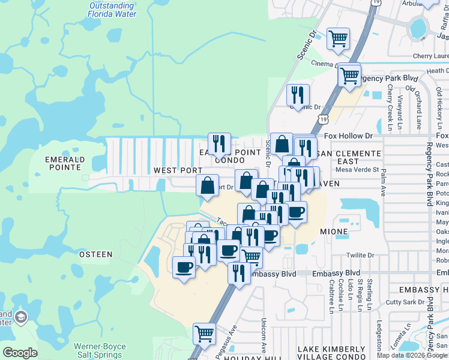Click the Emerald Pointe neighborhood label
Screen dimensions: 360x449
coord(65,164)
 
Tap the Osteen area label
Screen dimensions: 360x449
coord(95,254)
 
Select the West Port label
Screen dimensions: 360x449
coord(178,170)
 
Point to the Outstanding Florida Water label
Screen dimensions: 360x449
coord(112,10)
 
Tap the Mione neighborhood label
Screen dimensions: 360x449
coord(334,232)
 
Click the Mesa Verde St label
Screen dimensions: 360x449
coord(358,170)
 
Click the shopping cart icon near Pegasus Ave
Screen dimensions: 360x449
coord(204,333)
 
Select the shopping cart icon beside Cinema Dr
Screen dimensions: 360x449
coord(339,39)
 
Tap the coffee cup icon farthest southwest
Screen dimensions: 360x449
coord(184,266)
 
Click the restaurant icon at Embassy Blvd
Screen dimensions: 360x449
coord(239,273)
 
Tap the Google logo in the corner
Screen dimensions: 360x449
coord(20,353)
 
